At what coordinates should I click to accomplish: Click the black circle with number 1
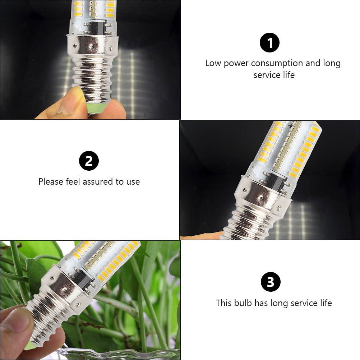click(269, 43)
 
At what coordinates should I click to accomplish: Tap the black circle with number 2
click(89, 161)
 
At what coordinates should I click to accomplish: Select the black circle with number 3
click(270, 282)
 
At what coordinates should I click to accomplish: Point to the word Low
click(213, 63)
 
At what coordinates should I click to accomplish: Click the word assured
click(98, 182)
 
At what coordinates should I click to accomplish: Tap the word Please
click(51, 182)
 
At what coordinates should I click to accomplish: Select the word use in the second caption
click(133, 182)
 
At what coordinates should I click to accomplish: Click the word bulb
click(243, 303)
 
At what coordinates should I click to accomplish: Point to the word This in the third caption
click(224, 303)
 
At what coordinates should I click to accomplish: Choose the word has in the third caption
click(261, 303)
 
